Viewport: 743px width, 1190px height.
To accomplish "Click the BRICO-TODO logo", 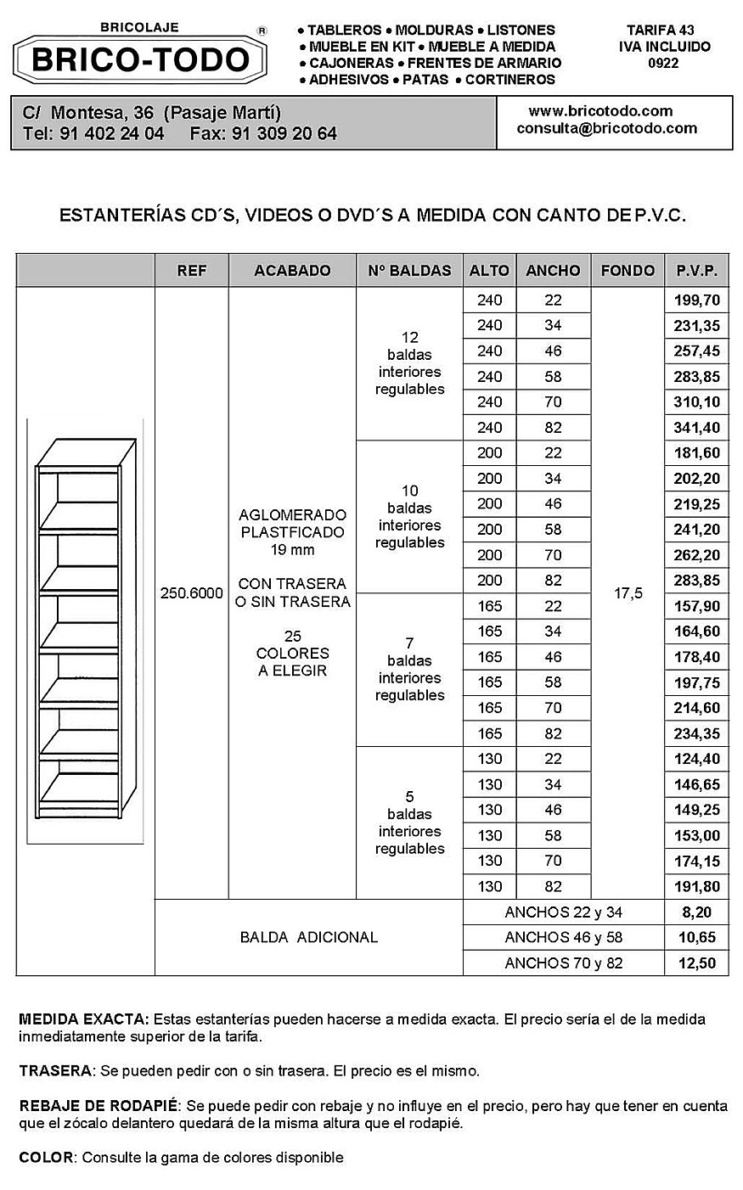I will coord(141,59).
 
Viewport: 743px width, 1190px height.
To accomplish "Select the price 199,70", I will coord(696,300).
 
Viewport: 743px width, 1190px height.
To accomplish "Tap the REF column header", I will coord(191,271).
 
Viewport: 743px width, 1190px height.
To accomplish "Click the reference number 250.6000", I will coord(191,593).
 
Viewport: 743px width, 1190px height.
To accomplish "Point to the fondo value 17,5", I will coord(628,593).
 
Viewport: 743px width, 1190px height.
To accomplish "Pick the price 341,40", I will coord(696,428).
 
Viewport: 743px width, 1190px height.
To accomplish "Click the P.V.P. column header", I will coord(696,271).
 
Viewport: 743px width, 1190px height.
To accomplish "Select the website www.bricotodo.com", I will coord(600,111).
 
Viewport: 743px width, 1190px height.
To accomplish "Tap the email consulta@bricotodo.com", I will coord(606,129).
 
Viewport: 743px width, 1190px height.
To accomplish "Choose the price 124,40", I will coord(696,759).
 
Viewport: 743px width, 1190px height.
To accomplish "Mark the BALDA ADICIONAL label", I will coord(308,937).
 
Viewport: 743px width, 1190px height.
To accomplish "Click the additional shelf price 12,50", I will coord(696,963).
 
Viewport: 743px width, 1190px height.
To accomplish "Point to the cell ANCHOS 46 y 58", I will coord(563,937).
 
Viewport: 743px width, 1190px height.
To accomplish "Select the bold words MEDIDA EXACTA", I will coord(84,1019).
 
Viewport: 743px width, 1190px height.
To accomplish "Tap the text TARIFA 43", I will coord(660,30).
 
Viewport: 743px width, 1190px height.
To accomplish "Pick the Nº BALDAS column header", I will coord(409,271).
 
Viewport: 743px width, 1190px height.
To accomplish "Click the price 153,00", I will coord(696,835).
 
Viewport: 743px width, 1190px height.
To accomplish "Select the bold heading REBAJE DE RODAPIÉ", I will coord(99,1106).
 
